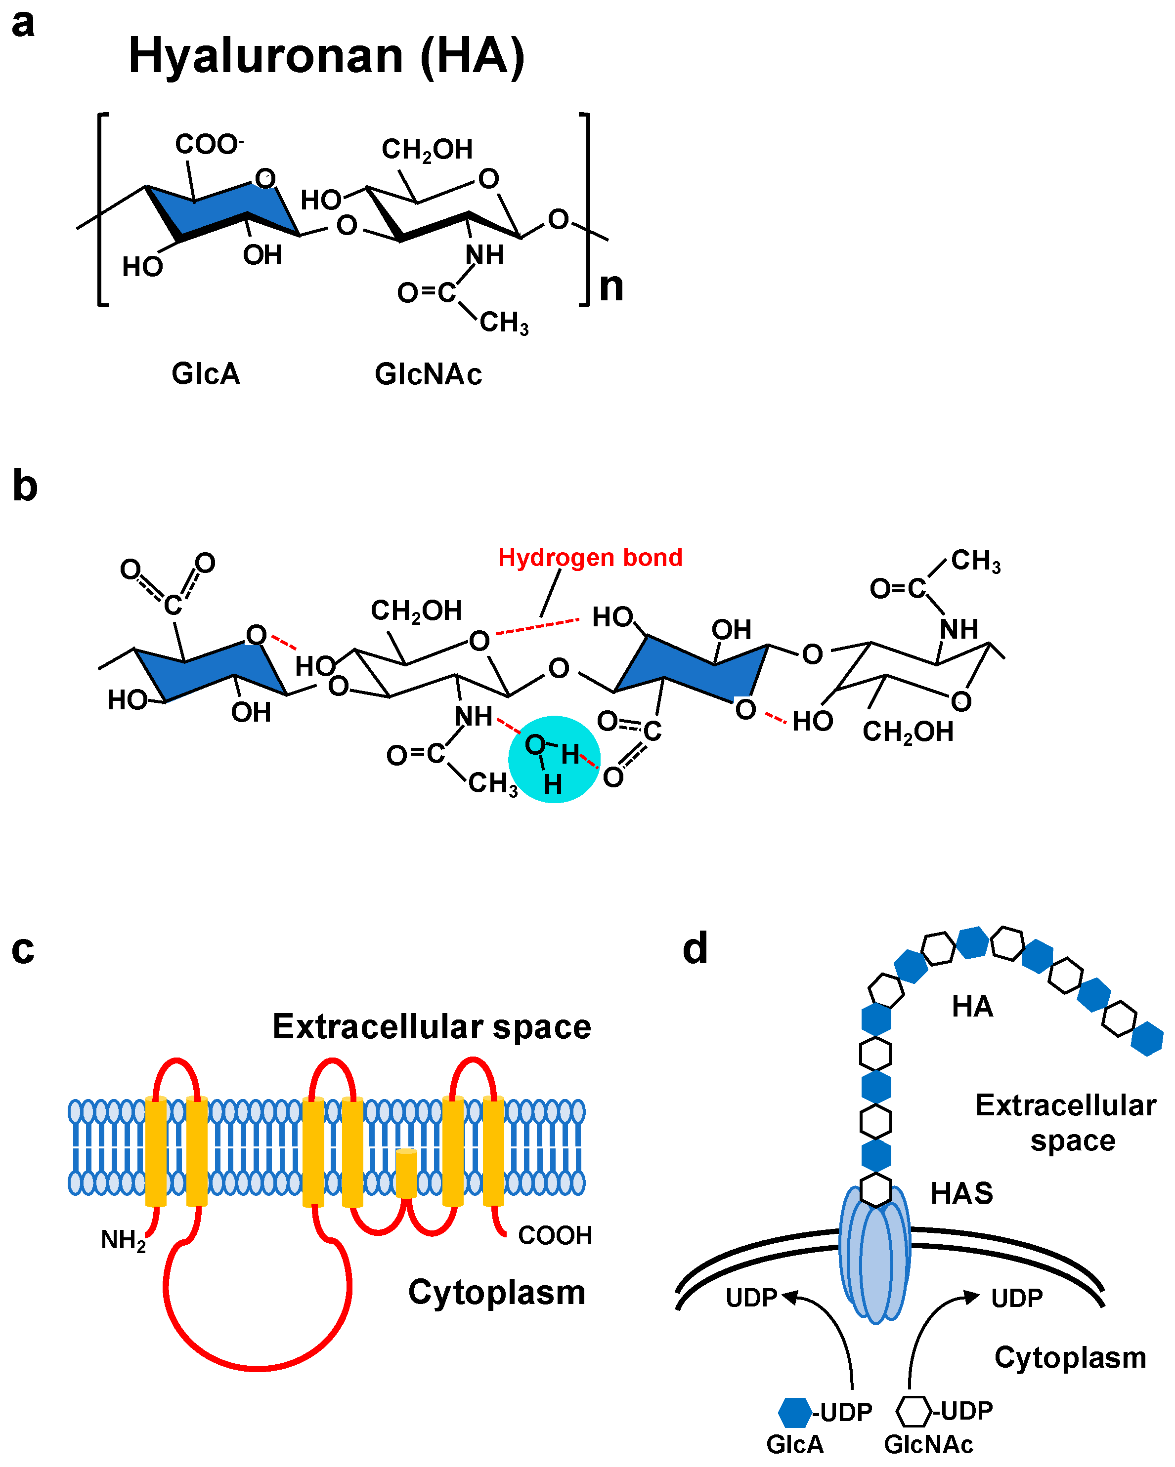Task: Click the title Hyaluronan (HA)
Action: pyautogui.click(x=327, y=56)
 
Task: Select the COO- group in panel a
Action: pyautogui.click(x=208, y=144)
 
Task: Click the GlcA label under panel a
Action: pyautogui.click(x=206, y=373)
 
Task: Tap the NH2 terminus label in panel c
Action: pyautogui.click(x=123, y=1240)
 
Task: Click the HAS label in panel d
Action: pyautogui.click(x=961, y=1193)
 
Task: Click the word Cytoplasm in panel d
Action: pyautogui.click(x=1070, y=1357)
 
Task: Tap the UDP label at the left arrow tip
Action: pyautogui.click(x=751, y=1298)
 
